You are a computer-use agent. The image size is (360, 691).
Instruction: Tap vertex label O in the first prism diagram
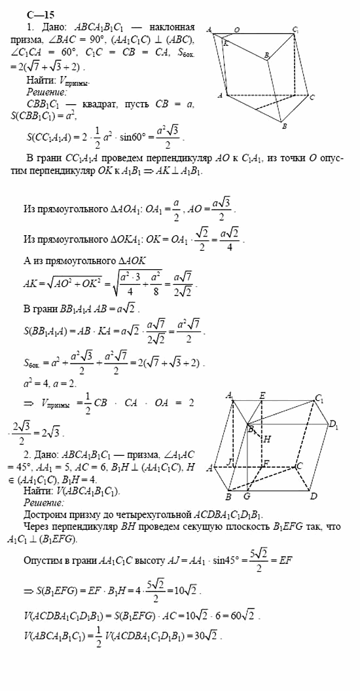[236, 29]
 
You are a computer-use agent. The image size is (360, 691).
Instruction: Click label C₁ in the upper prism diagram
[297, 29]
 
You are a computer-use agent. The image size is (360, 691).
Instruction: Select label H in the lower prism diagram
[267, 439]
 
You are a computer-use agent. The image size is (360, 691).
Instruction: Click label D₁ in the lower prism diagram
[333, 428]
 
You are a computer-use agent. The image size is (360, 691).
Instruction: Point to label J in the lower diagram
[230, 463]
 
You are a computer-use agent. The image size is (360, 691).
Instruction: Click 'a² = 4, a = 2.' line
[48, 380]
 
